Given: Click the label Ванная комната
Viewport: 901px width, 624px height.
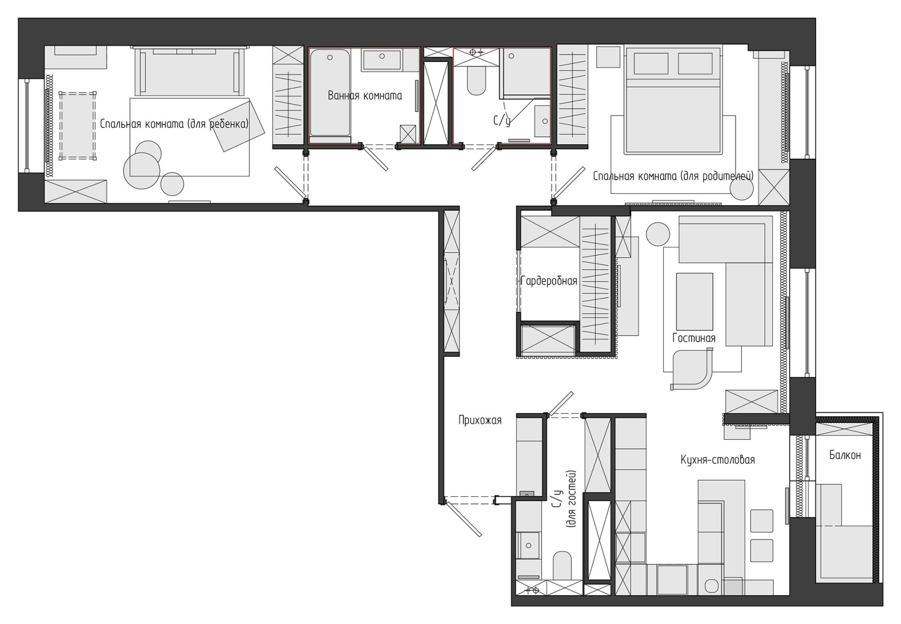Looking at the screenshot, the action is (x=365, y=96).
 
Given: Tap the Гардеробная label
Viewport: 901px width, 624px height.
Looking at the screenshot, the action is (x=549, y=280).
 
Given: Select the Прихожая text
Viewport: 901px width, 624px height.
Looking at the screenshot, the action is (x=480, y=421).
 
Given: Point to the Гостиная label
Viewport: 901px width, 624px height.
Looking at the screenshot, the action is (x=694, y=338).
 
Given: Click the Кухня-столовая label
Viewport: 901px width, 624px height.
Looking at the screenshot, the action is (x=717, y=460).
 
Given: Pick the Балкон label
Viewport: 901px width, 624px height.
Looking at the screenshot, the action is (x=845, y=455).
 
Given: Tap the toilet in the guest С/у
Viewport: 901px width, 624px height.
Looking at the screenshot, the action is (x=562, y=565).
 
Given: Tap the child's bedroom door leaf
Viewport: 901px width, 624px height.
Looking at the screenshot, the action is (x=291, y=184).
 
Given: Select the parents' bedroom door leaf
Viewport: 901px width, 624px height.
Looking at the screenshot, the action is (x=569, y=183).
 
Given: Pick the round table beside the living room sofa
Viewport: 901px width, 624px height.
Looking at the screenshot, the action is (x=658, y=234).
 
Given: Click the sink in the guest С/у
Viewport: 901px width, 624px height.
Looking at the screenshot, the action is (x=528, y=545).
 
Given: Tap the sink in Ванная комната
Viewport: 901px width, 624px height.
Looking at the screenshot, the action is (x=382, y=60).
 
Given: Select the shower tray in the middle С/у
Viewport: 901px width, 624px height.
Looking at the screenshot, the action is (x=525, y=73).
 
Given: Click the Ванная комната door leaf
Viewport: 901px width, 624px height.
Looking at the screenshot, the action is (x=376, y=158).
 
